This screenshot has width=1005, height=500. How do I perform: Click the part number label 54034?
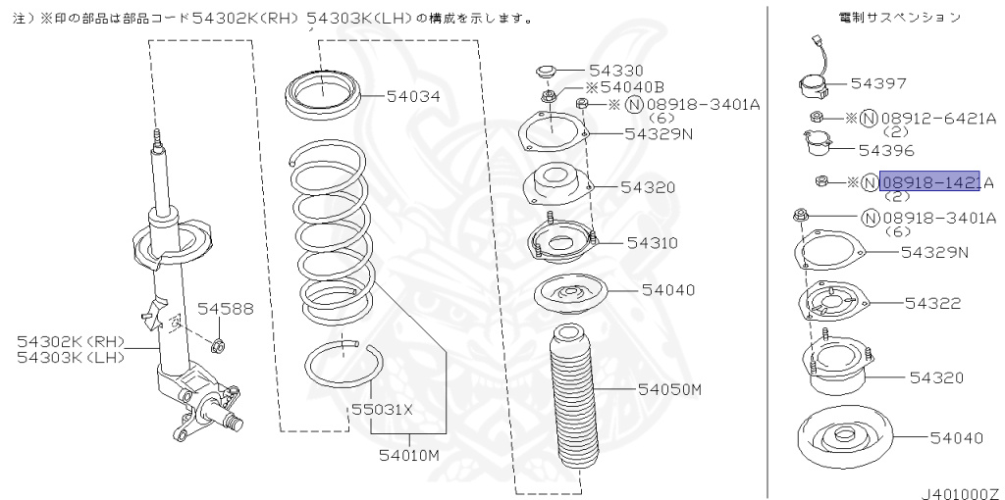413,96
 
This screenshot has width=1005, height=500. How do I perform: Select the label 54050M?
670,389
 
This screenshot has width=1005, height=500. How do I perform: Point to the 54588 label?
225,309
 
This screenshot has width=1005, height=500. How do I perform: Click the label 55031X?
383,410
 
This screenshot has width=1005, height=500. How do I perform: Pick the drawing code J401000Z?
959,486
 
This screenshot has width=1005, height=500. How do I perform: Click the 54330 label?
616,71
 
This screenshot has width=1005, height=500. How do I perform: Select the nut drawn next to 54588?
220,343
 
